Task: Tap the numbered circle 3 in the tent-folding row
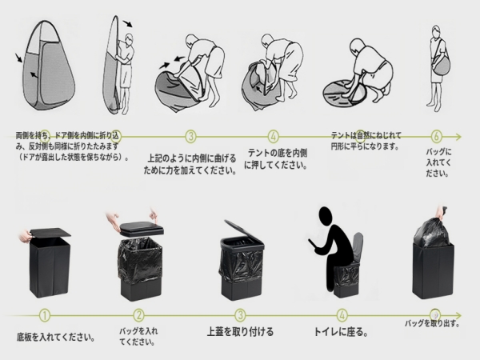(190, 136)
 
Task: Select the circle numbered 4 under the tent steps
(274, 136)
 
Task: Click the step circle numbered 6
(437, 135)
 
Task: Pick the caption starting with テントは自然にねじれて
(364, 142)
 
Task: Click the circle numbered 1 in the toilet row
(45, 315)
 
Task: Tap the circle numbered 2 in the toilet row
(139, 315)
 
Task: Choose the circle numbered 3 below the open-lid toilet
(240, 315)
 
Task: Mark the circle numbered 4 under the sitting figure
(342, 315)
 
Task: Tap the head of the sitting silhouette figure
(326, 217)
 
